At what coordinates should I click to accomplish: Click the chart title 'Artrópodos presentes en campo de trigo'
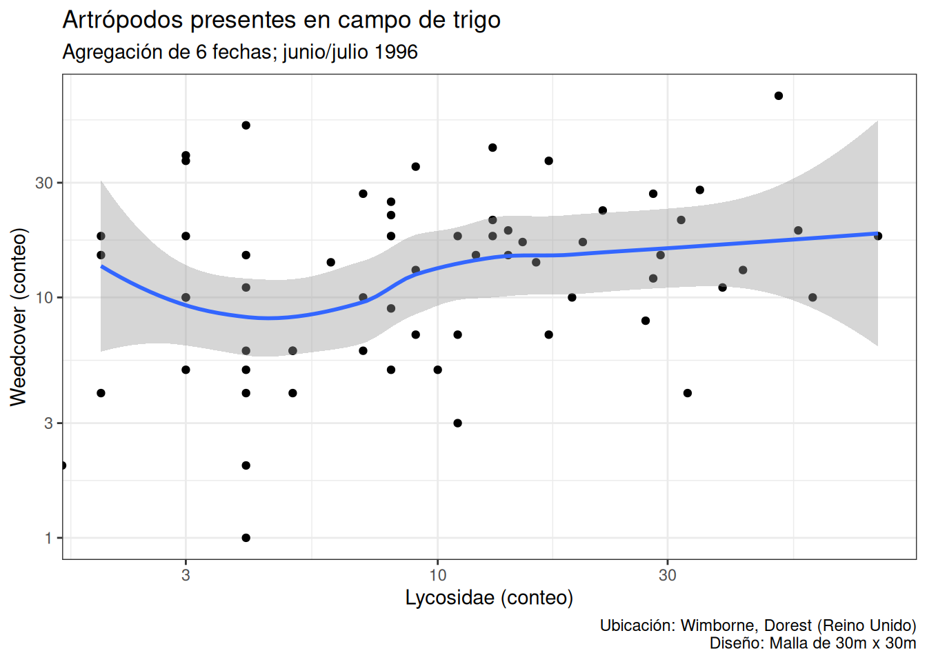pyautogui.click(x=281, y=20)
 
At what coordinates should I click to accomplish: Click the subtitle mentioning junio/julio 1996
pyautogui.click(x=240, y=52)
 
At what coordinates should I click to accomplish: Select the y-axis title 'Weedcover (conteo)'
pyautogui.click(x=19, y=317)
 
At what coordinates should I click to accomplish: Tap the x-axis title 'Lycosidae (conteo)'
pyautogui.click(x=489, y=597)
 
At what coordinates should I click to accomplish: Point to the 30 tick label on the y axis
pyautogui.click(x=44, y=183)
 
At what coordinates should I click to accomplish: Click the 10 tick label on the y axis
pyautogui.click(x=44, y=298)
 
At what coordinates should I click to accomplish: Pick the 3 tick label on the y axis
pyautogui.click(x=48, y=423)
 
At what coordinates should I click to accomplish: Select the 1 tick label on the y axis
pyautogui.click(x=48, y=538)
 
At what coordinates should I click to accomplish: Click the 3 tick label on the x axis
pyautogui.click(x=186, y=575)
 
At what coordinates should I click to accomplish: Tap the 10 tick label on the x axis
pyautogui.click(x=437, y=575)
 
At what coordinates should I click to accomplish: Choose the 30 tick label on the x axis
pyautogui.click(x=667, y=575)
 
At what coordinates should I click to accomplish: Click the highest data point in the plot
pyautogui.click(x=779, y=96)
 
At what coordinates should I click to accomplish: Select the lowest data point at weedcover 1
pyautogui.click(x=246, y=538)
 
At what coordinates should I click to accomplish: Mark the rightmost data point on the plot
pyautogui.click(x=878, y=236)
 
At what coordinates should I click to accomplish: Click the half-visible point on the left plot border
pyautogui.click(x=63, y=465)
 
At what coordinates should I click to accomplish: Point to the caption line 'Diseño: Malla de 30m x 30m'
pyautogui.click(x=813, y=643)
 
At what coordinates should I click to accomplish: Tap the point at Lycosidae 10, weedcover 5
pyautogui.click(x=438, y=370)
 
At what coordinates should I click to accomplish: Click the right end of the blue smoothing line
pyautogui.click(x=877, y=234)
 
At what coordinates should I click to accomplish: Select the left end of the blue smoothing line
pyautogui.click(x=102, y=266)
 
